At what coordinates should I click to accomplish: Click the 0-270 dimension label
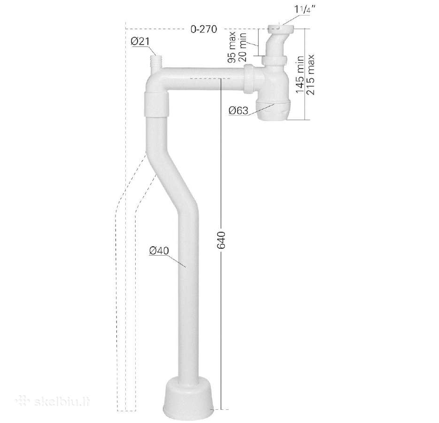[204, 29]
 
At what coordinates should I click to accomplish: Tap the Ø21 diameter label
[140, 42]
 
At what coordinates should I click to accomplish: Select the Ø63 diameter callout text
[239, 111]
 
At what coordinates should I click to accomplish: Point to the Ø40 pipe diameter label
[159, 251]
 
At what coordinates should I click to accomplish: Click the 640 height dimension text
[222, 240]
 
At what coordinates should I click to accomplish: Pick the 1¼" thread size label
[304, 9]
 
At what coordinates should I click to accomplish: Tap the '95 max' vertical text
[232, 47]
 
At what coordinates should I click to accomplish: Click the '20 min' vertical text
[242, 47]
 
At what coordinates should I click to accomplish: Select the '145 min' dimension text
[300, 75]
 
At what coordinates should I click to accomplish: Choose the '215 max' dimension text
[310, 75]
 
